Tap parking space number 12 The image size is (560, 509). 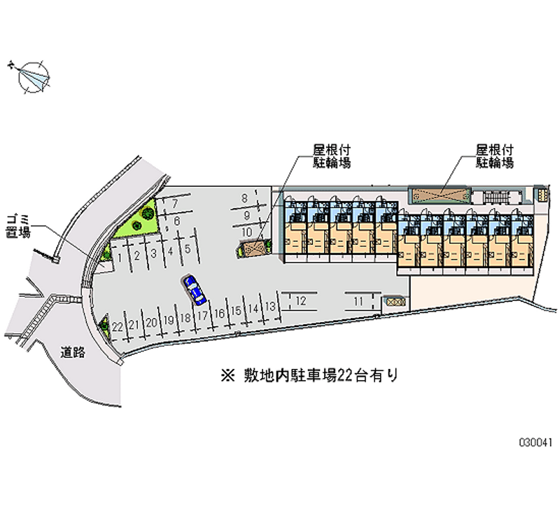[x=300, y=300]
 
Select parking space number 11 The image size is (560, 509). [x=358, y=301]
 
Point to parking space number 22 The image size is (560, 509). [x=118, y=326]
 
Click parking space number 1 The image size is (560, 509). [x=122, y=257]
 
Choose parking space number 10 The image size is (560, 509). [x=246, y=231]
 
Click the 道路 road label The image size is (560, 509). [x=72, y=352]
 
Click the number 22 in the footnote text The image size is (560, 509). [x=344, y=375]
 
